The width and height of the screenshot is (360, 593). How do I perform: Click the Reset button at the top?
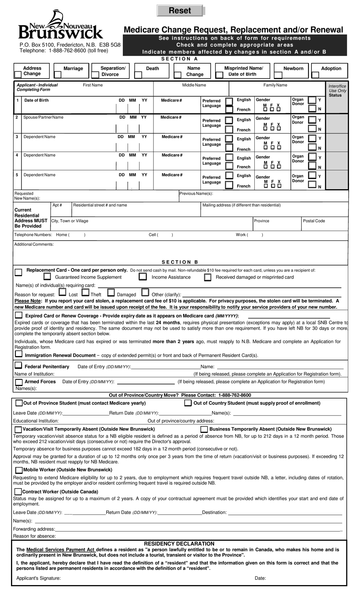(180, 11)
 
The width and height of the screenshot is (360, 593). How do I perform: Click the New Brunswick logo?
(61, 26)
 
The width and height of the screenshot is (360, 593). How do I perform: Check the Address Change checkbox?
(18, 74)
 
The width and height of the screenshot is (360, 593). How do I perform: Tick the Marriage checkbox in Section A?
(58, 75)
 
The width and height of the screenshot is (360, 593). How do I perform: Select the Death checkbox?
(138, 75)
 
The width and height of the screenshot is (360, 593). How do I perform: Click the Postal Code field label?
(314, 221)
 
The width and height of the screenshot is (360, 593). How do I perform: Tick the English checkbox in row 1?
(229, 101)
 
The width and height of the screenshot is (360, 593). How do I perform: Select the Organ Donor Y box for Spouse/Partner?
(312, 120)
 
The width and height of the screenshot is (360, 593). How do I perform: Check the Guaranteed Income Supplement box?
(47, 277)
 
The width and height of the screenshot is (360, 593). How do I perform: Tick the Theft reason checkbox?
(85, 293)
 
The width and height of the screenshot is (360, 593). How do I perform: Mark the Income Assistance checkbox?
(142, 277)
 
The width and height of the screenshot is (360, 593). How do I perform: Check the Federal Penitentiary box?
(18, 366)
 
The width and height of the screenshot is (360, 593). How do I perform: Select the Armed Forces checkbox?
(19, 382)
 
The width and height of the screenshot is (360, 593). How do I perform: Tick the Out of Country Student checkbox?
(188, 403)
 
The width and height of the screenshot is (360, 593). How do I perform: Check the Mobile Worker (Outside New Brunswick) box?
(19, 470)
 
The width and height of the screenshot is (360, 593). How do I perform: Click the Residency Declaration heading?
(179, 544)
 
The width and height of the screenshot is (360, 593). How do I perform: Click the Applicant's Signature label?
(38, 578)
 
